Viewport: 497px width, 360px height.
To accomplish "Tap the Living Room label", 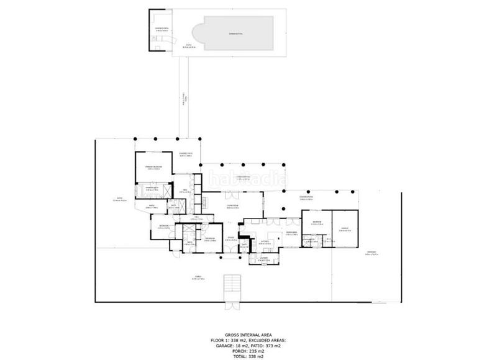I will click(x=234, y=207).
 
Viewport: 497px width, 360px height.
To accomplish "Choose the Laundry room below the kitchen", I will click(x=263, y=258).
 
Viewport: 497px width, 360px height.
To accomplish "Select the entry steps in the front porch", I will click(x=231, y=284).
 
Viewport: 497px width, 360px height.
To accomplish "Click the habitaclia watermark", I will click(x=248, y=181).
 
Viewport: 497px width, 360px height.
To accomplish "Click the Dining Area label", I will click(x=291, y=233).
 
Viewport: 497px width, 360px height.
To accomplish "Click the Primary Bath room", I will click(x=152, y=188).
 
